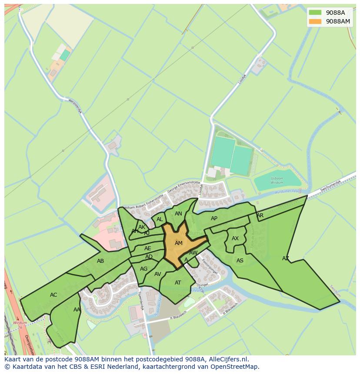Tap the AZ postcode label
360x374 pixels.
tap(285, 258)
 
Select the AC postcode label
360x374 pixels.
tap(53, 295)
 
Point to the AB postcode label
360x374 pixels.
tap(100, 261)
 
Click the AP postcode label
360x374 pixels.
tap(214, 218)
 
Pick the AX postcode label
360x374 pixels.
tap(235, 238)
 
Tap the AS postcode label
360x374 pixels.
tap(240, 261)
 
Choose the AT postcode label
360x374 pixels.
tap(178, 283)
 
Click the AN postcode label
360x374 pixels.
tap(178, 214)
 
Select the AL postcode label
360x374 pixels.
tap(160, 219)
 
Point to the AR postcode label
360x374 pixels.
tap(260, 215)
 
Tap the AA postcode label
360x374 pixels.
tap(77, 310)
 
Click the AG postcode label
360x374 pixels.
tap(143, 269)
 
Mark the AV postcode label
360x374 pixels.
tap(157, 274)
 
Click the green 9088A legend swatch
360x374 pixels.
tap(315, 13)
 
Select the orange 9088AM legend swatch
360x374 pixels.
tap(315, 21)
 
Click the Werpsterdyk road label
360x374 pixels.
tap(75, 106)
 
